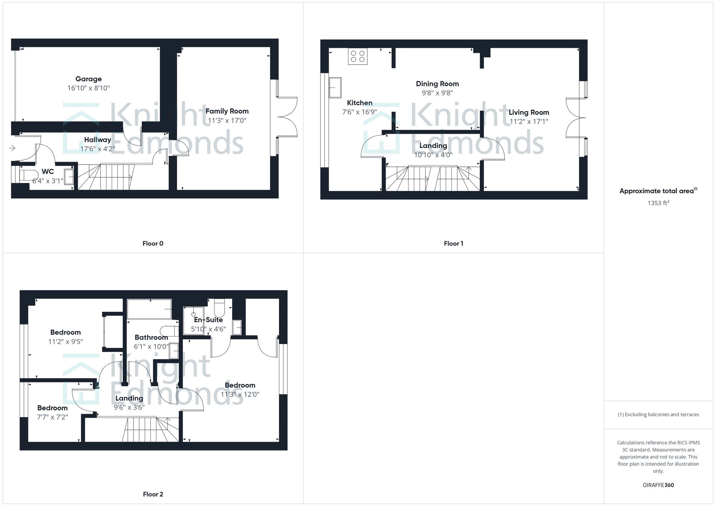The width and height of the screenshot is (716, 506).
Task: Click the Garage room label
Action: pos(88,79)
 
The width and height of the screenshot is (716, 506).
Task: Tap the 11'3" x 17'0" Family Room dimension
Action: pos(227,121)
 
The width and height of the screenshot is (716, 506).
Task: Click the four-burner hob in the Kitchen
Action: pos(358,57)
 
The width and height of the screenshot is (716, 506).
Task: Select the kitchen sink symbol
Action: pos(335,87)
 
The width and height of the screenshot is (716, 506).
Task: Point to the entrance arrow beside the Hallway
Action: pos(12,148)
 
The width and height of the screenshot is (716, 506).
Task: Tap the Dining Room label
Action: pos(437,84)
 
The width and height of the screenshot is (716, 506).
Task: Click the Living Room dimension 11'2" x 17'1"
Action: pos(529,122)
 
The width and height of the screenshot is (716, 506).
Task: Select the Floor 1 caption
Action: pos(453,244)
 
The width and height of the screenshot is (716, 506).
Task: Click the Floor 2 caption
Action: pos(153,494)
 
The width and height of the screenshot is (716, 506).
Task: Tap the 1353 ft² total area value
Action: pos(658,203)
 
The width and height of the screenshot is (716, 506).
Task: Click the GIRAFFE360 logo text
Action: pos(658,485)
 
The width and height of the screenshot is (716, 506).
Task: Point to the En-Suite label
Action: pos(208,320)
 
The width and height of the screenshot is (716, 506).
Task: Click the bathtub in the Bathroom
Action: pos(149,309)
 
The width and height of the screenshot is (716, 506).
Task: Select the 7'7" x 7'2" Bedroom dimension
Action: pos(52,417)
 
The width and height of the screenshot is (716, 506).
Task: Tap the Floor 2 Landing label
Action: pos(129,398)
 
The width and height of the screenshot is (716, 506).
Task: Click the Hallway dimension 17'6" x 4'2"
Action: pos(97,149)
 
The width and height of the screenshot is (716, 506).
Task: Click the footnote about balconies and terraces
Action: pos(658,414)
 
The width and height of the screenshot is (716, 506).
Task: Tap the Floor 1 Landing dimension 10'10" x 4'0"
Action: pos(433,155)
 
